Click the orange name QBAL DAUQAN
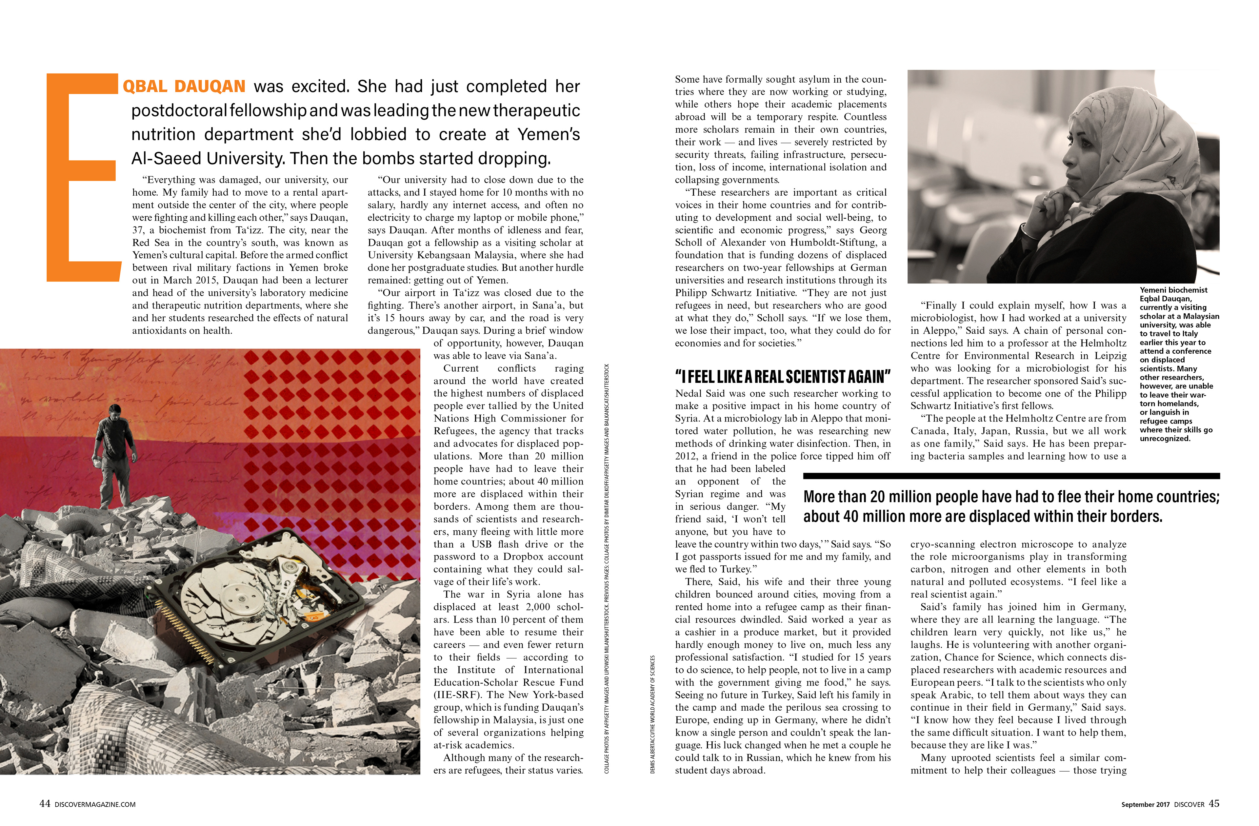184,86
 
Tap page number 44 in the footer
45,803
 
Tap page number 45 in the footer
1214,803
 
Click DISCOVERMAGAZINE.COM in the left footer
95,804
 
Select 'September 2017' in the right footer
1145,804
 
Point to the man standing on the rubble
114,455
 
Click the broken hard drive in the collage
270,598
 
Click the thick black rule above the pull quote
1010,476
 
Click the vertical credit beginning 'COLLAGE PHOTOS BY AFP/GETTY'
607,568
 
